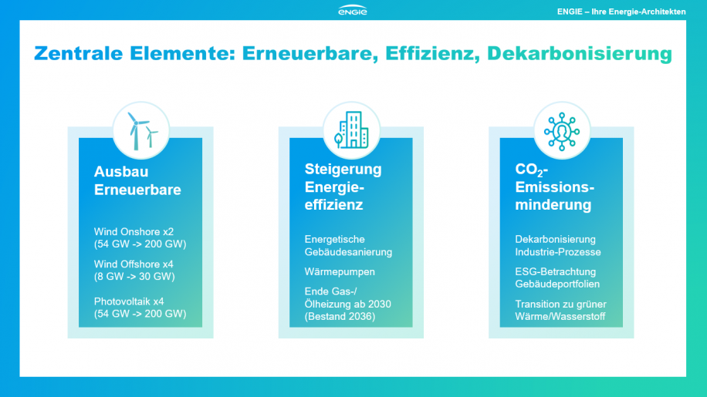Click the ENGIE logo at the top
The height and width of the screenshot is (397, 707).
click(x=353, y=10)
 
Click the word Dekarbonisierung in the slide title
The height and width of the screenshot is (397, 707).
click(x=580, y=53)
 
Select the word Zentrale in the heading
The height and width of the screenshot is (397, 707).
click(x=79, y=53)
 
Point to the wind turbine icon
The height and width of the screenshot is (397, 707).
click(x=141, y=130)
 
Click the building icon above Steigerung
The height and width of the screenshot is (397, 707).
click(x=351, y=130)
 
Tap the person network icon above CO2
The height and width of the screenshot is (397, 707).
click(x=561, y=131)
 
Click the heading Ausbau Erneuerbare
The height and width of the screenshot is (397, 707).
click(x=137, y=180)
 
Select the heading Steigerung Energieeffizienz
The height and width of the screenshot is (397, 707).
click(x=343, y=187)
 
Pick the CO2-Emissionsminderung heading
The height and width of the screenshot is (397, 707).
click(x=555, y=187)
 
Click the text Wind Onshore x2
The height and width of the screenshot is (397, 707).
click(x=134, y=232)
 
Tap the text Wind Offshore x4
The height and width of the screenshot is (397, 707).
click(x=134, y=264)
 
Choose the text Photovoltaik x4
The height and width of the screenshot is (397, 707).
click(x=129, y=301)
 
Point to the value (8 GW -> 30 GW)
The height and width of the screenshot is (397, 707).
click(x=134, y=277)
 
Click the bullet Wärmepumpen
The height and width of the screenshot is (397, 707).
click(x=340, y=272)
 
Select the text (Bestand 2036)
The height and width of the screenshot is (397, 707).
click(x=340, y=316)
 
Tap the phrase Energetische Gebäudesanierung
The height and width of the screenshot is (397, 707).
click(x=348, y=246)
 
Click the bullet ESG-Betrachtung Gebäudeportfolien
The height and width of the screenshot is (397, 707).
click(x=557, y=278)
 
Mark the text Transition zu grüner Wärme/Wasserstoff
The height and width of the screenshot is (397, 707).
click(x=560, y=310)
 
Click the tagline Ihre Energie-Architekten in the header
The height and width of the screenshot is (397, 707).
click(x=638, y=12)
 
